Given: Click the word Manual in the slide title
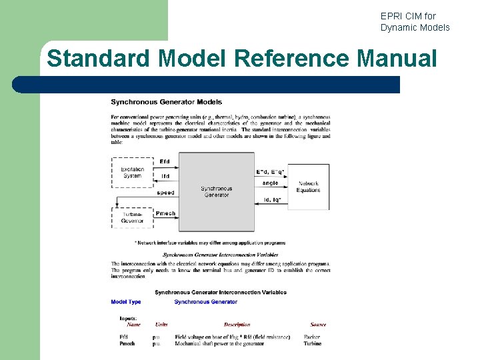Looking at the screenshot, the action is click(x=397, y=58).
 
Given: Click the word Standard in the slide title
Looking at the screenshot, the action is click(x=99, y=58).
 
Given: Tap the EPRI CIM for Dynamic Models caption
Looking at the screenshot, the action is click(x=415, y=21).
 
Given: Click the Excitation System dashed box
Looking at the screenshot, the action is click(x=132, y=172).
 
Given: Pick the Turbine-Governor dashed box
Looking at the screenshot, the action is click(x=132, y=217).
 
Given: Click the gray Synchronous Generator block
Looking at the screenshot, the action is click(x=216, y=192).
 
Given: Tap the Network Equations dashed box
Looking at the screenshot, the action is click(x=309, y=187).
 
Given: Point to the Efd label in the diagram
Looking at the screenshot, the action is click(x=165, y=161).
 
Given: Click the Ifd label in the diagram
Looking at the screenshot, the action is click(x=165, y=177).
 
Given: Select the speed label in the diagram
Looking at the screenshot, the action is click(x=165, y=193).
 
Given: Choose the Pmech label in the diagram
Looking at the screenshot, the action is click(x=165, y=214).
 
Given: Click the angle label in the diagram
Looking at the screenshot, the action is click(x=271, y=183).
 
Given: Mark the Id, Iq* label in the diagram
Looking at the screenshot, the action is click(x=272, y=199).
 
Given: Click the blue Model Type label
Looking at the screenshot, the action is click(x=126, y=302).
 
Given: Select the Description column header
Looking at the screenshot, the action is click(x=237, y=325).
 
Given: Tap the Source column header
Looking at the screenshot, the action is click(x=318, y=325).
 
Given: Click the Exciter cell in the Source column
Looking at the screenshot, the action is click(x=312, y=337).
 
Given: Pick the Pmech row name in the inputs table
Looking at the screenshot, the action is click(x=127, y=344).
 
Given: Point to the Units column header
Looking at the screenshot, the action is click(x=161, y=325).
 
